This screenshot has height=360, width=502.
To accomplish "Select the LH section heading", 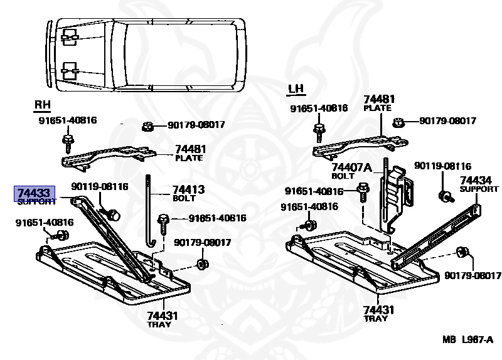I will click(296, 90).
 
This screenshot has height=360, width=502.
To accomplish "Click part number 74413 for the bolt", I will click(188, 189).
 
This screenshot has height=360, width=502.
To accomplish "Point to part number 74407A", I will click(351, 167).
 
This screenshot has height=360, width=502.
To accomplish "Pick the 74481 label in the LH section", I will click(379, 100).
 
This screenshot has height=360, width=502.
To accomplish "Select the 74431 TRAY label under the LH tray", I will click(380, 310).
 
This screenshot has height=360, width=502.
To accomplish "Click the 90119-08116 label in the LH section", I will click(442, 166).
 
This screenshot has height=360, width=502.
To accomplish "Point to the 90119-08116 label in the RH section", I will click(99, 186).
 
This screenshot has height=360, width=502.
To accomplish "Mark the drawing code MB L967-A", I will click(467, 339).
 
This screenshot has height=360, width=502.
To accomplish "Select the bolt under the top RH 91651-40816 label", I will click(67, 141).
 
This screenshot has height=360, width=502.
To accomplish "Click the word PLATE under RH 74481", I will click(188, 158).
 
